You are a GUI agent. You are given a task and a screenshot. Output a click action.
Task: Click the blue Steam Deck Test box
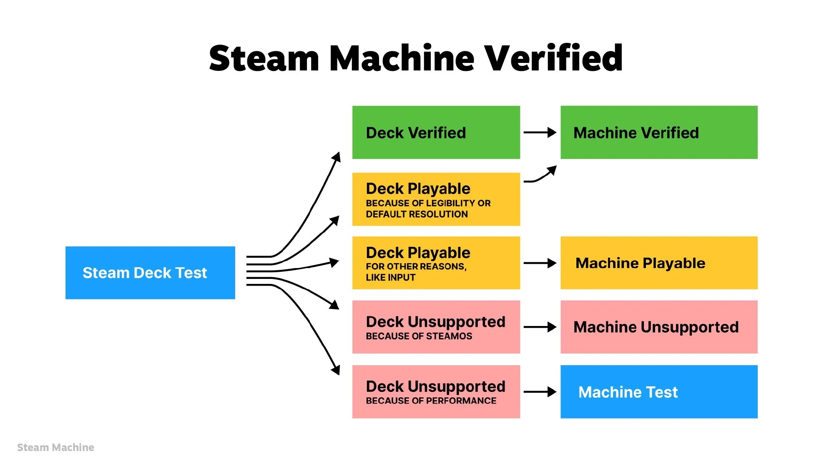point(150,273)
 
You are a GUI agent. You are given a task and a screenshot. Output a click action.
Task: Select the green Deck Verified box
point(436,133)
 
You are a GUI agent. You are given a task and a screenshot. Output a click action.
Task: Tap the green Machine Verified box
point(658,133)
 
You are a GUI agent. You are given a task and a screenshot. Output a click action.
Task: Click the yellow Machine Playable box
point(658,263)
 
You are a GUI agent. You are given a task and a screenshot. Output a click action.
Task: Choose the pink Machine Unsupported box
point(658,327)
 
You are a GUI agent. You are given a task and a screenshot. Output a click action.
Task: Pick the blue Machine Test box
point(658,392)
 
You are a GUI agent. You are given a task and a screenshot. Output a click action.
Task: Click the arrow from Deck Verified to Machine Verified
point(540,133)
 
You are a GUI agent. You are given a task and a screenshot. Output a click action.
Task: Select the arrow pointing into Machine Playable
point(540,263)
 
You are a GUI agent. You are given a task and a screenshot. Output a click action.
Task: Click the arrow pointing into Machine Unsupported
point(540,327)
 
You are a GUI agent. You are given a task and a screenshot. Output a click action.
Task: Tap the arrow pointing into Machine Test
point(540,392)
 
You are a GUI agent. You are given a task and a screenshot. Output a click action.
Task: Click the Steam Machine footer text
point(55,447)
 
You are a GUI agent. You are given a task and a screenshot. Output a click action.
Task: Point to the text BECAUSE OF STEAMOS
point(419,336)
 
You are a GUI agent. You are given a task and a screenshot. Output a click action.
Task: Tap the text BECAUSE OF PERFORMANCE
point(431,401)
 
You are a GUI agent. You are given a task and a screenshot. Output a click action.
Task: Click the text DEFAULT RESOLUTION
point(417,214)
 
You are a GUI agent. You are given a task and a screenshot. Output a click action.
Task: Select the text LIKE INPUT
point(390,278)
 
